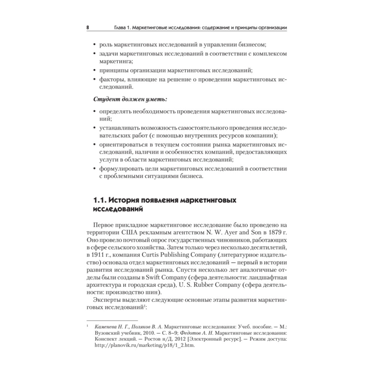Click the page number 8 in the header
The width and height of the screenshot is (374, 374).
click(x=88, y=28)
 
